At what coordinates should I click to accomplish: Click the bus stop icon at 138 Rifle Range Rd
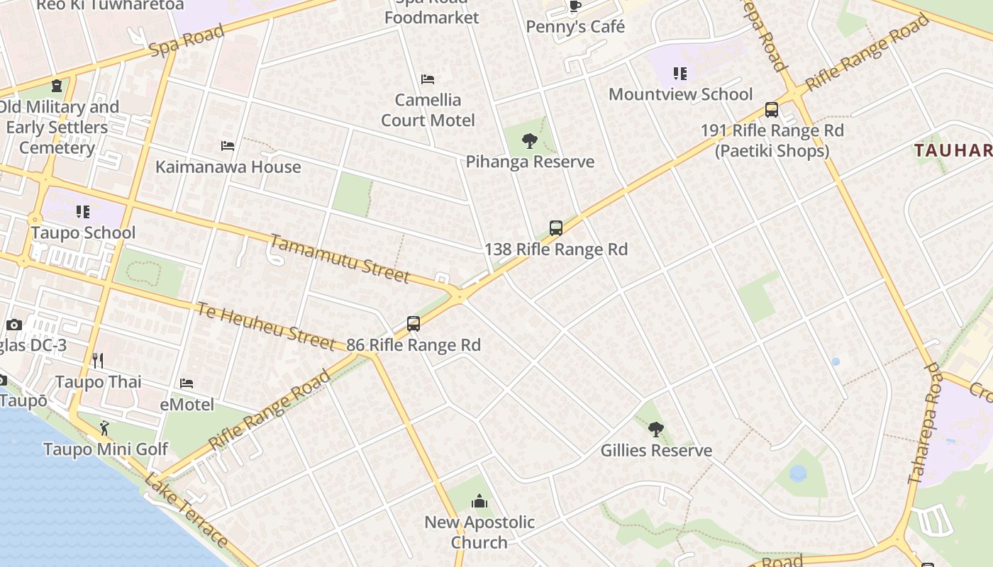(x=556, y=228)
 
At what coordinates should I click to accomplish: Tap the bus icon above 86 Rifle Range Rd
(x=414, y=324)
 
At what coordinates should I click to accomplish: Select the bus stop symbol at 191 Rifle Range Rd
(x=772, y=110)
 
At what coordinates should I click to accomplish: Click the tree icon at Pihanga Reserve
(x=529, y=141)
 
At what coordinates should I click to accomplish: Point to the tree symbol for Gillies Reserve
(x=656, y=429)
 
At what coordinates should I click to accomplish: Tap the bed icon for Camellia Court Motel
(x=428, y=79)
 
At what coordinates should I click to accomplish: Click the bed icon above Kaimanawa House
(x=228, y=146)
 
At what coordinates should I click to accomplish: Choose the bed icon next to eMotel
(x=187, y=383)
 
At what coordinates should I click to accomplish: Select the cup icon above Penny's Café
(x=575, y=6)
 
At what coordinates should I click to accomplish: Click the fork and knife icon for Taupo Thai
(x=98, y=361)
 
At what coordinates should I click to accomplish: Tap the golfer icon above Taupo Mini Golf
(x=105, y=428)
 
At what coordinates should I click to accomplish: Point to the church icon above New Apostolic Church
(x=479, y=502)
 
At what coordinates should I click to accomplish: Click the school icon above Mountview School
(x=680, y=74)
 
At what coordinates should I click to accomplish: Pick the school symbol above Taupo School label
(x=83, y=212)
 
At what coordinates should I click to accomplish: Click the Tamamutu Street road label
(x=340, y=259)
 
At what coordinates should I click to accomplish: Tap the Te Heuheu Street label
(x=265, y=326)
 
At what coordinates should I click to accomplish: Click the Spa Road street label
(x=187, y=40)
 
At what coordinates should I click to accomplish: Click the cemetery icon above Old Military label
(x=56, y=86)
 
